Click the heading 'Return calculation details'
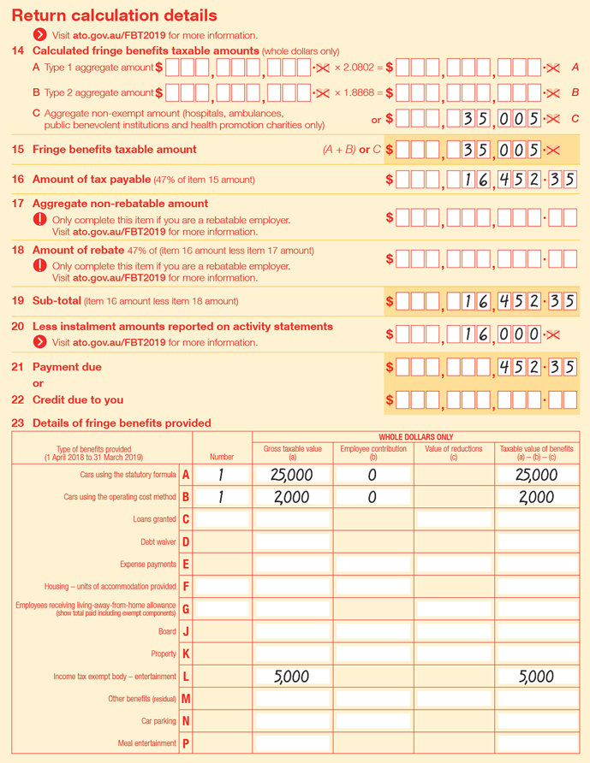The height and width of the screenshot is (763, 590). click(x=114, y=15)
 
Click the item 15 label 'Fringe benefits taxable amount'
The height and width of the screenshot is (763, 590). click(x=114, y=150)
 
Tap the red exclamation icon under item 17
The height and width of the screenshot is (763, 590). click(x=39, y=220)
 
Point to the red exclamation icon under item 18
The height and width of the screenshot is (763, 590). click(x=39, y=266)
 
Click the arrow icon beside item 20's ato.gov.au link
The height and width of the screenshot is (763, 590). click(x=39, y=342)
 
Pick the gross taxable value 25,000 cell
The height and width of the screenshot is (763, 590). click(x=292, y=475)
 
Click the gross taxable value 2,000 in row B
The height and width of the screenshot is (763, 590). click(x=292, y=498)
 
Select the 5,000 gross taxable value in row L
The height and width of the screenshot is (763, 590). click(x=292, y=676)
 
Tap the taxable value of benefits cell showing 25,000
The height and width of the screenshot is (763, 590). click(x=537, y=475)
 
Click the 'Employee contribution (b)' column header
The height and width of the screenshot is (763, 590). click(x=372, y=453)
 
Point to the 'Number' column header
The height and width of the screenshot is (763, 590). click(x=221, y=457)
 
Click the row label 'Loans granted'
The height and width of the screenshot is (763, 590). click(x=154, y=519)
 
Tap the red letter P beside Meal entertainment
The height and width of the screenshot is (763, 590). click(x=186, y=743)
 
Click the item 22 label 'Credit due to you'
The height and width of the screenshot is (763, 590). click(x=77, y=399)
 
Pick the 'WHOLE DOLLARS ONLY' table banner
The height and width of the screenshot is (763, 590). click(x=415, y=437)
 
